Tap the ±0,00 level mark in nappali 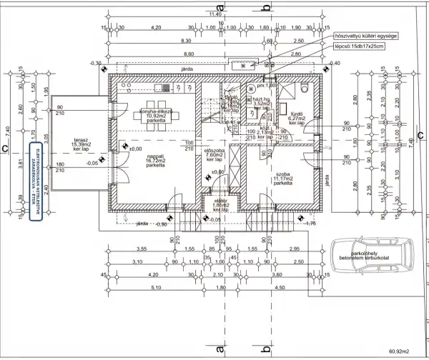(134, 149)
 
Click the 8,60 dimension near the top (188, 54)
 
